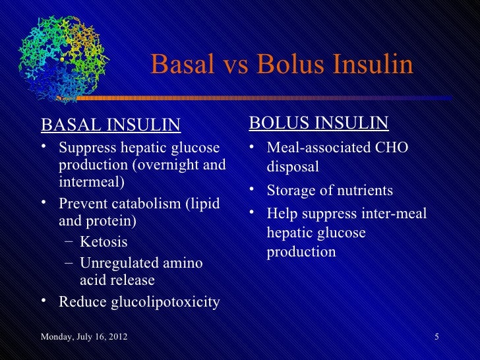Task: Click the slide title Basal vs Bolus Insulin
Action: click(x=282, y=65)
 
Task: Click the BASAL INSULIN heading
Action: click(x=110, y=125)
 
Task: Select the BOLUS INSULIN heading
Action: click(x=318, y=124)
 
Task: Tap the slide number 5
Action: click(x=436, y=338)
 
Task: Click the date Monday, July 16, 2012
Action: click(x=84, y=338)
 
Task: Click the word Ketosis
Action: click(x=104, y=242)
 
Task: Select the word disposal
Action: click(x=292, y=167)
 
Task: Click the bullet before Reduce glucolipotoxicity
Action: click(x=44, y=301)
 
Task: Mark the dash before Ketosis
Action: click(x=69, y=242)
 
